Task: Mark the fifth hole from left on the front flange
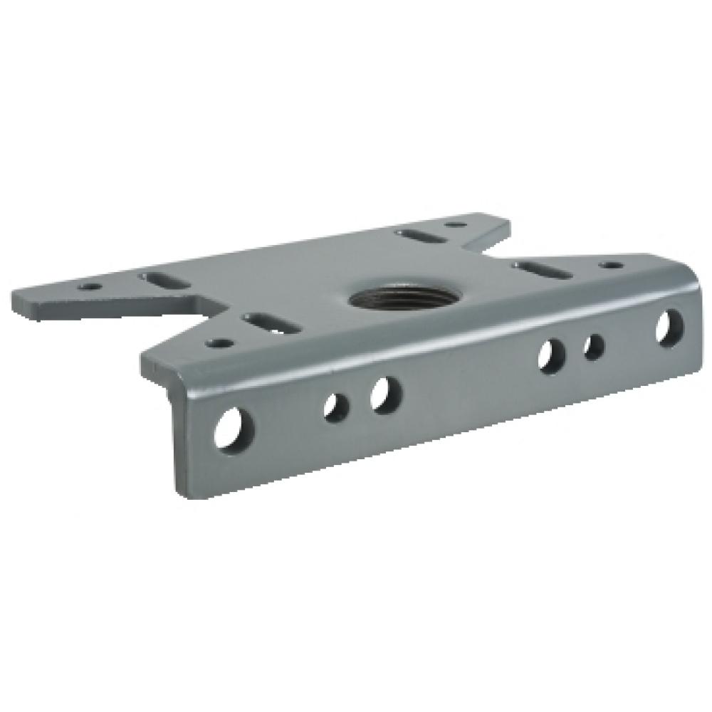(x=593, y=345)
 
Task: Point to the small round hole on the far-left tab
(x=88, y=287)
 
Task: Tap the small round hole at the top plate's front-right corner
(x=609, y=266)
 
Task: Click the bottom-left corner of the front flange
(x=176, y=496)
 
